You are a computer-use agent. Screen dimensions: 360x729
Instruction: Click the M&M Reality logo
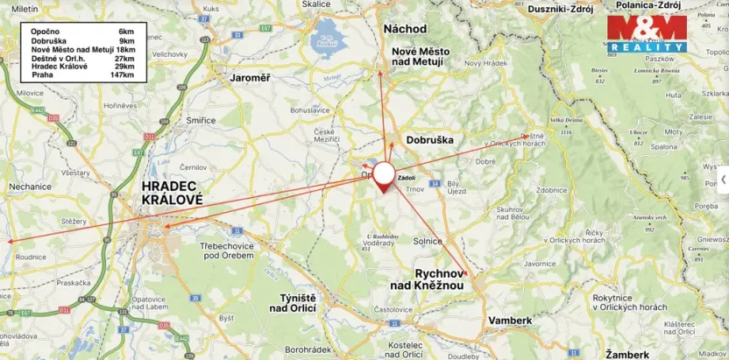(x=647, y=33)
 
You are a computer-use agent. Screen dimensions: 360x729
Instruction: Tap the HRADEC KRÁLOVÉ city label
(x=173, y=193)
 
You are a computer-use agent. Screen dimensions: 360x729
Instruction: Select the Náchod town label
(x=405, y=29)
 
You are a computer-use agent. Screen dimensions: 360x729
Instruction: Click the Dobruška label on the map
(x=429, y=139)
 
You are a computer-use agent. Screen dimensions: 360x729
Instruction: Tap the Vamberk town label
(x=510, y=321)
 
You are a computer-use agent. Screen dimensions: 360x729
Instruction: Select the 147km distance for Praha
(x=122, y=75)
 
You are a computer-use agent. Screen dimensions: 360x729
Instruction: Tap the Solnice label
(x=428, y=241)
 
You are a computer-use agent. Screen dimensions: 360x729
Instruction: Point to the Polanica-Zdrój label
(x=650, y=5)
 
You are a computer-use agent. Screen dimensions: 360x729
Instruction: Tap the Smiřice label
(x=201, y=120)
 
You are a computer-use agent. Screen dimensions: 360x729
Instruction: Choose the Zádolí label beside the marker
(x=407, y=177)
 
